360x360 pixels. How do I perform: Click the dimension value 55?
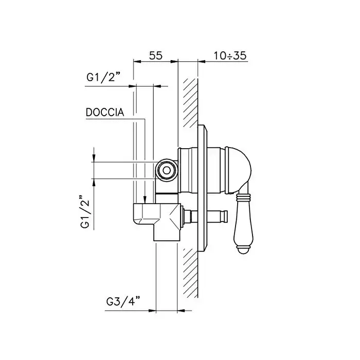[156, 56]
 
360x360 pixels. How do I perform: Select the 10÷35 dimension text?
[230, 56]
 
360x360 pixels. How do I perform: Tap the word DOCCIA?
[105, 112]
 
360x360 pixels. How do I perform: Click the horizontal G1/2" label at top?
[103, 77]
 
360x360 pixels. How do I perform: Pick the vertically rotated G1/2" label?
[85, 212]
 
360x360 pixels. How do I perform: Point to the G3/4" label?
[123, 301]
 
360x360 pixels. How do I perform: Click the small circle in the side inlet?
[167, 170]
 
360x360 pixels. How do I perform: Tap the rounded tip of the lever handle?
[244, 250]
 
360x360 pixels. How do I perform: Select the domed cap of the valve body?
[239, 169]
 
